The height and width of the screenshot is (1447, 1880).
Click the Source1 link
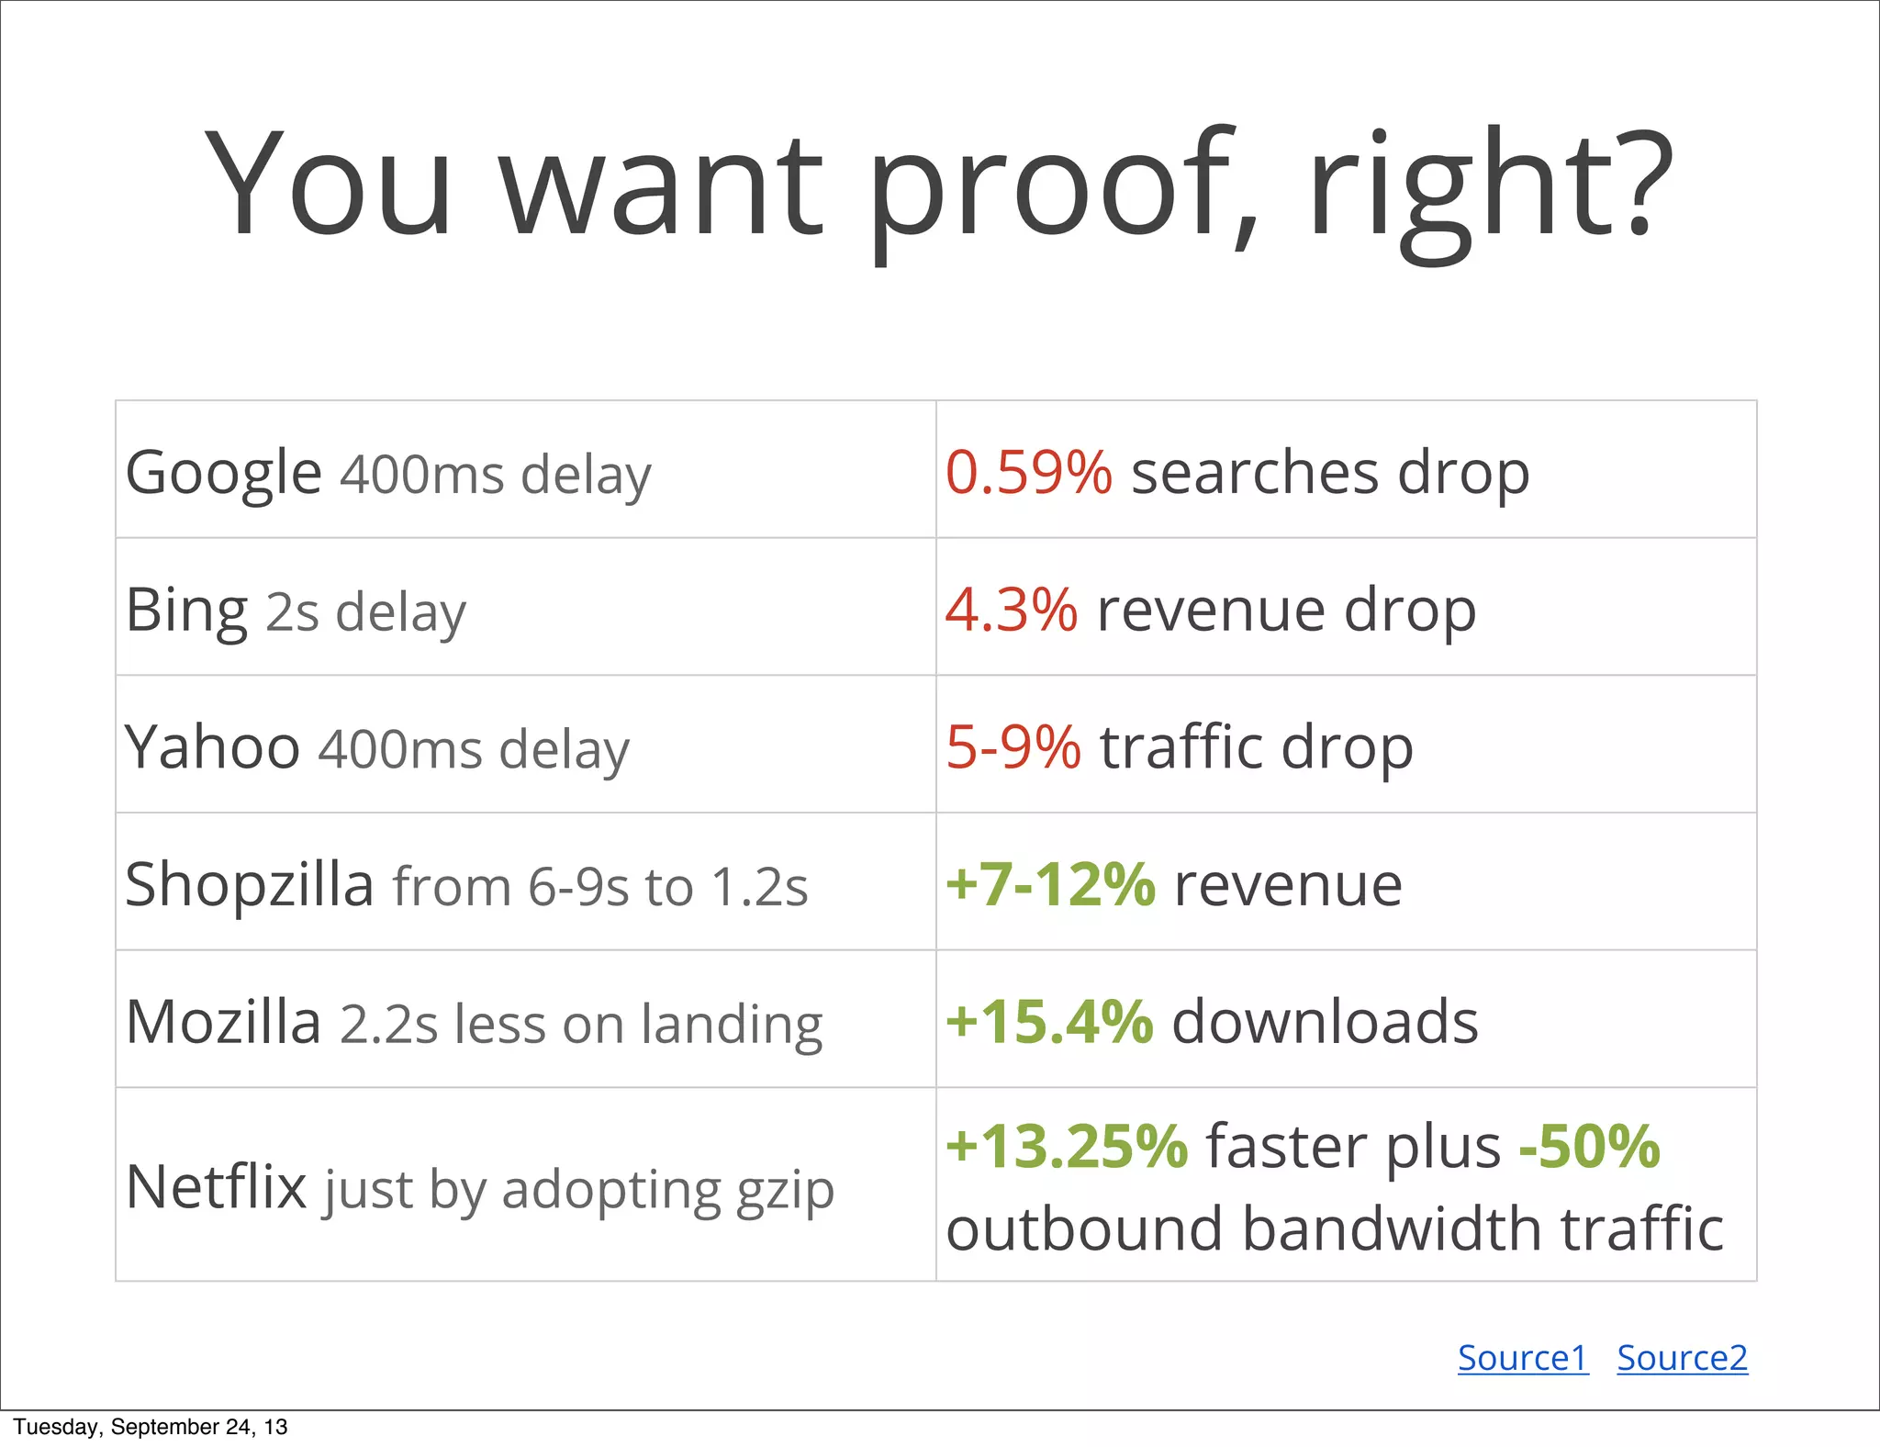click(1523, 1358)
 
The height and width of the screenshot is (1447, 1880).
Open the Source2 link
click(1682, 1358)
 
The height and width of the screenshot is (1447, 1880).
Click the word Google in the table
click(223, 473)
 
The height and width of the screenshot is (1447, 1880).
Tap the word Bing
click(186, 611)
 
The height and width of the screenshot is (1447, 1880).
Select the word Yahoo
click(212, 747)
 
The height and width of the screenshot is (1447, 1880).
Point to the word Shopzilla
click(249, 884)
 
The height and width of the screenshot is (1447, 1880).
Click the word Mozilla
click(223, 1022)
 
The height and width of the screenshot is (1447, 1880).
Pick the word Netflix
click(216, 1187)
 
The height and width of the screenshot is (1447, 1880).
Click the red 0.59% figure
click(1028, 473)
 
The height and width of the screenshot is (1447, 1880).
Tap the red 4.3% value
click(1011, 611)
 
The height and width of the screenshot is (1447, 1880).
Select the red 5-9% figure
click(1013, 747)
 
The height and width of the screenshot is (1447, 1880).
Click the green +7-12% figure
click(1050, 884)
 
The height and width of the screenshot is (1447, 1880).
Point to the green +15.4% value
click(1049, 1022)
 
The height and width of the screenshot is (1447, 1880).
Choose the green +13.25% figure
click(1067, 1147)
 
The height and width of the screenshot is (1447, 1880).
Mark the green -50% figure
click(1590, 1147)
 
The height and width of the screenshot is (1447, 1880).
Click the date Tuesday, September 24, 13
click(150, 1427)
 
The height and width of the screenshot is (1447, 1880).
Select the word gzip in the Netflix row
click(785, 1191)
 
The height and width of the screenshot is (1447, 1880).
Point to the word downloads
click(1325, 1022)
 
